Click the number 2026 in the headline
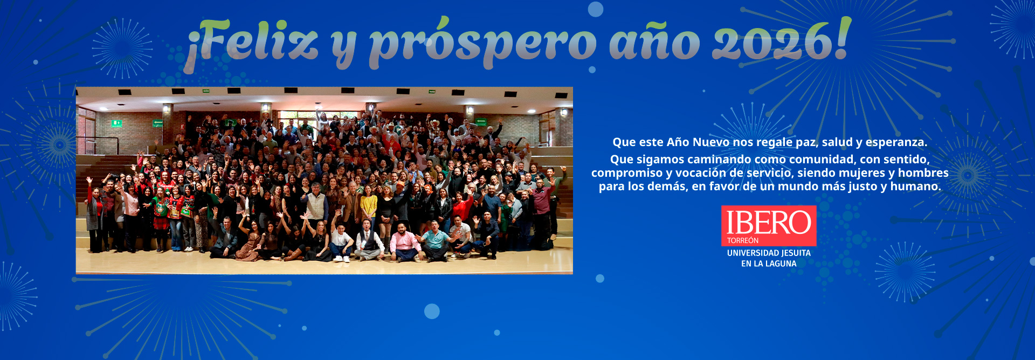pyautogui.click(x=772, y=42)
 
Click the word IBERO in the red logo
pyautogui.click(x=769, y=223)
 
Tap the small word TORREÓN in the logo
pyautogui.click(x=743, y=240)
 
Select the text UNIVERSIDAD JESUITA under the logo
pyautogui.click(x=769, y=253)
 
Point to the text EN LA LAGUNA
pyautogui.click(x=769, y=264)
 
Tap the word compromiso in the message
pyautogui.click(x=627, y=173)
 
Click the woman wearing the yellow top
pyautogui.click(x=369, y=210)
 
